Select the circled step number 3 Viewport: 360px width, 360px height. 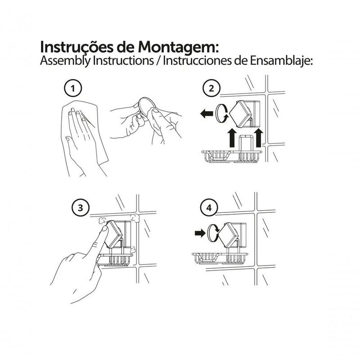80,208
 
